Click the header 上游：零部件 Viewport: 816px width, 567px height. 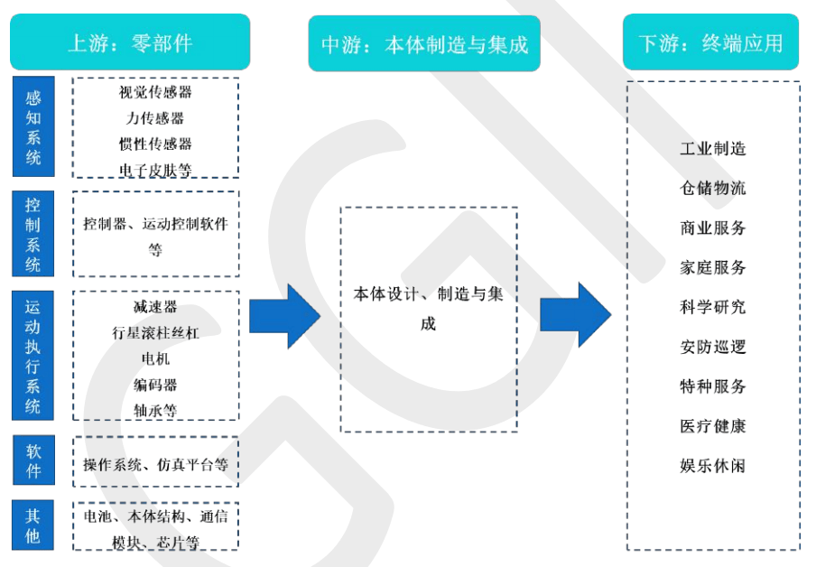[130, 42]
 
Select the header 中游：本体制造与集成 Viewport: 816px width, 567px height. [424, 43]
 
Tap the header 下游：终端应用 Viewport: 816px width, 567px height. [711, 42]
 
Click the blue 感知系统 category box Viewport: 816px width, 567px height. [33, 126]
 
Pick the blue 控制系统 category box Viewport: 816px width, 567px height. [32, 234]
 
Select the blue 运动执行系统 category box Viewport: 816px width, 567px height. [32, 356]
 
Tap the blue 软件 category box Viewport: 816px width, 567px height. [33, 460]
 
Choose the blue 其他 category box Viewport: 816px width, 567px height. [32, 525]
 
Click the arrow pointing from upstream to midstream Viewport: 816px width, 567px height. [284, 316]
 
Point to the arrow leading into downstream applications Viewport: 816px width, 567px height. [576, 315]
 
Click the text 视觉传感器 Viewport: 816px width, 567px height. [155, 92]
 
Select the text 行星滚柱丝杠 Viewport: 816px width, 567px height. [155, 332]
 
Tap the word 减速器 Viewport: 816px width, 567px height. [155, 307]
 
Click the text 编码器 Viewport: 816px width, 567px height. [155, 385]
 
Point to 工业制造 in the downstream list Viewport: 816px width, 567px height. [712, 149]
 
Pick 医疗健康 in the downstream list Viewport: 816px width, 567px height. [712, 426]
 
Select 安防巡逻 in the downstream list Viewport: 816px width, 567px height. [712, 347]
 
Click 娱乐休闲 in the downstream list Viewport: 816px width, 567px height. [712, 466]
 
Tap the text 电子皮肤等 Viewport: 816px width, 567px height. [155, 171]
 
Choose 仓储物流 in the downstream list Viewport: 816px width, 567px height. [712, 188]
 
